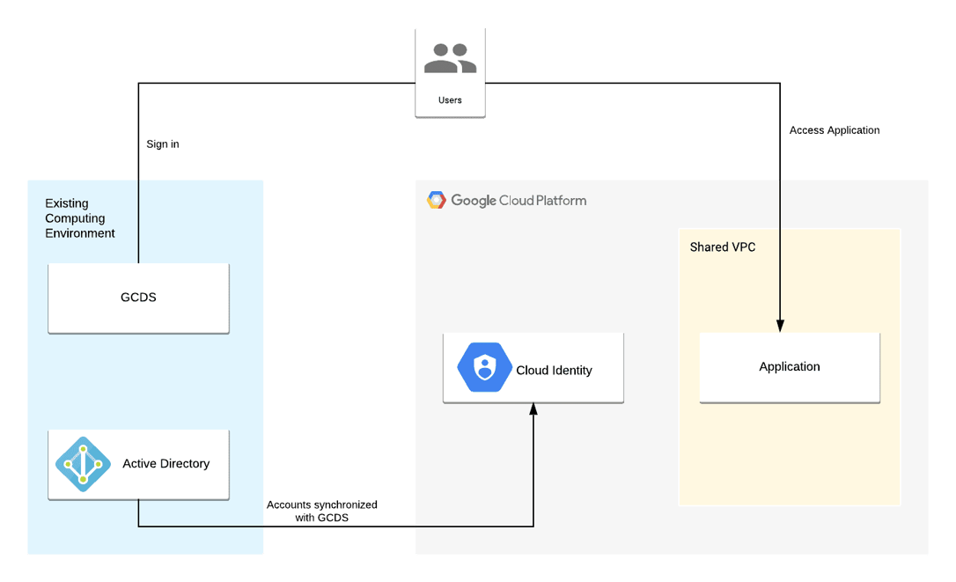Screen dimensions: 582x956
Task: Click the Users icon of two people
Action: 450,58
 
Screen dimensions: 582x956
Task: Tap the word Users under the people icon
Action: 450,100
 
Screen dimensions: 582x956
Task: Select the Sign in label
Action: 163,144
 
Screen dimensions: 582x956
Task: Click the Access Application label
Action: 835,130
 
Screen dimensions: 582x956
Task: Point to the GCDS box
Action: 138,298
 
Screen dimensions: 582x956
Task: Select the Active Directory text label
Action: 166,464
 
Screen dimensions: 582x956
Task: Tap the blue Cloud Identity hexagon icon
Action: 484,368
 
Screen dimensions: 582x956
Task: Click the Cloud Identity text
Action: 554,371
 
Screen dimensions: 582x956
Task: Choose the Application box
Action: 790,367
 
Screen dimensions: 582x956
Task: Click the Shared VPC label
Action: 723,247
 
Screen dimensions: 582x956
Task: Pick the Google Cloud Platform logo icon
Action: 437,201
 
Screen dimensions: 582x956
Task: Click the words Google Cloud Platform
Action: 518,201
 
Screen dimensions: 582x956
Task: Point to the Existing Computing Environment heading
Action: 80,218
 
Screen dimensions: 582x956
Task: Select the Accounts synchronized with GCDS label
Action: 322,512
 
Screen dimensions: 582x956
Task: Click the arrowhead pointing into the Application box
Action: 780,326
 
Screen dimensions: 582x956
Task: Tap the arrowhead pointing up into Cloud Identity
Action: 533,409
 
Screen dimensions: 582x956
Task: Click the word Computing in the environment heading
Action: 75,218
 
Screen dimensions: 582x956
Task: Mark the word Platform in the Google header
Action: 561,201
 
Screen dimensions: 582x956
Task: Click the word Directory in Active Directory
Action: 185,464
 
